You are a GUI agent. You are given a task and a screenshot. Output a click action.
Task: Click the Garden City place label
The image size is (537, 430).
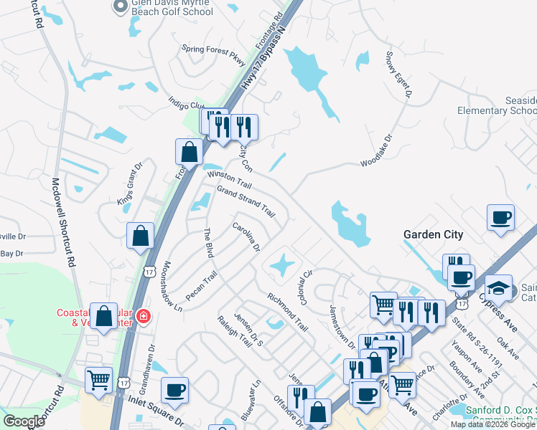click(433, 234)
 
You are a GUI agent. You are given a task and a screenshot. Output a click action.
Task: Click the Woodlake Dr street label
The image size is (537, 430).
click(377, 152)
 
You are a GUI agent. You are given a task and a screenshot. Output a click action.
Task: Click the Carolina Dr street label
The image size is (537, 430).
click(246, 237)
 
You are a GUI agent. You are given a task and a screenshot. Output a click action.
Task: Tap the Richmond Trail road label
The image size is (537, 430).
click(287, 312)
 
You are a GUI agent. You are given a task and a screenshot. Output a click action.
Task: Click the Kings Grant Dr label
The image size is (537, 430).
click(130, 184)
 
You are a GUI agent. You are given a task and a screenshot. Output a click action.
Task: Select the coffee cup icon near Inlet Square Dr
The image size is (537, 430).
click(174, 391)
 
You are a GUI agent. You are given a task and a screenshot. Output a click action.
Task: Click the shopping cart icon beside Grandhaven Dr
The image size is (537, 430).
click(98, 380)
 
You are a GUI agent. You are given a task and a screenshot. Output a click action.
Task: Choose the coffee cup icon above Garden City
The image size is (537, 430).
click(500, 216)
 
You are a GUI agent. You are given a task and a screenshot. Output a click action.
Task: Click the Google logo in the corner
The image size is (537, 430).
click(24, 421)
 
